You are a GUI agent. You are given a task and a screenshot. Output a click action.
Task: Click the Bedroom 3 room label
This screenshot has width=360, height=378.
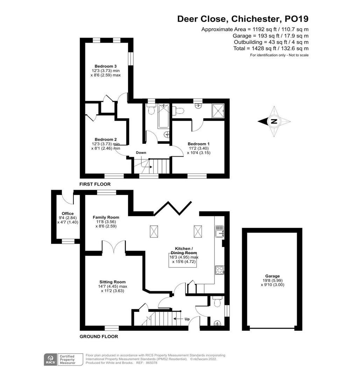point(105,66)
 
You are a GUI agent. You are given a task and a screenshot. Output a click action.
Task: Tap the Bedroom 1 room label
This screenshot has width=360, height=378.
point(199,144)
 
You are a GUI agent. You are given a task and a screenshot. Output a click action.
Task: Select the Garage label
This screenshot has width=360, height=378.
point(273,276)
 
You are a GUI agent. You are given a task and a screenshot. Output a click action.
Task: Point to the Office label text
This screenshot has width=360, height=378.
point(68,213)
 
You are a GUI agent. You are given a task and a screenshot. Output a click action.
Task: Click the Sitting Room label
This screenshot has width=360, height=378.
point(112,282)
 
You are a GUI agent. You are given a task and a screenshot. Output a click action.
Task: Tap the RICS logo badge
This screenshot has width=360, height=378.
point(49,359)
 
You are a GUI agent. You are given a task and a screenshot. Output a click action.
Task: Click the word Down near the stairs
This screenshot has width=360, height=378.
point(141,153)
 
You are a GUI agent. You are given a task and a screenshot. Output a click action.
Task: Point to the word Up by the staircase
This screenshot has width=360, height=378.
point(187,319)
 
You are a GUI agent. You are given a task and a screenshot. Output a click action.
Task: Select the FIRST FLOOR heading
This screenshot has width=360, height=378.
point(95,184)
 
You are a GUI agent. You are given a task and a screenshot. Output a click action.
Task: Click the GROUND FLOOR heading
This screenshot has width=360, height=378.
point(99,337)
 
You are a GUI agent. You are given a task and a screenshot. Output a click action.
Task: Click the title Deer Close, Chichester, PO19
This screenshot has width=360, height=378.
point(243,19)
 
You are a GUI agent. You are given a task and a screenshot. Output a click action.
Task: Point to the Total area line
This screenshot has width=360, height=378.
point(271,48)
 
